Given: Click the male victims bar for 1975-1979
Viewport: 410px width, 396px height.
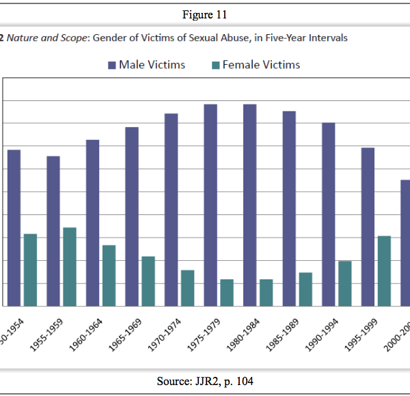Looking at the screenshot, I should [210, 205].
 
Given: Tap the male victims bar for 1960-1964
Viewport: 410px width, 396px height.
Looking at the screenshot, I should [92, 223].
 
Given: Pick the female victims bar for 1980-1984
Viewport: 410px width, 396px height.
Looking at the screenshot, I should [266, 292].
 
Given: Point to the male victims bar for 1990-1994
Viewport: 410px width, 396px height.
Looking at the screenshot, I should [328, 214].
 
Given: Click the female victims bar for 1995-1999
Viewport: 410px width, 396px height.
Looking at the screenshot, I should [384, 270].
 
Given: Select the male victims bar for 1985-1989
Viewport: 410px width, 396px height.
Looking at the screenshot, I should [289, 208].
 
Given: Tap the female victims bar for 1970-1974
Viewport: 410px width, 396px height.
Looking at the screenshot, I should [187, 287].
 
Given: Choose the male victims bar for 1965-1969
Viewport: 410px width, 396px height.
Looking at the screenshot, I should [132, 216].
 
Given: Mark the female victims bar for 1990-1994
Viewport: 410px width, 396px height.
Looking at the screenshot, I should [344, 283].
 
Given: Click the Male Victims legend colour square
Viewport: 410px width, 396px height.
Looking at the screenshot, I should [111, 66].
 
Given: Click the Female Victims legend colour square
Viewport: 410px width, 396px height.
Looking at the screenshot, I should [215, 66].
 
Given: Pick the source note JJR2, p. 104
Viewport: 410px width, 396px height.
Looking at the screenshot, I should [205, 381].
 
